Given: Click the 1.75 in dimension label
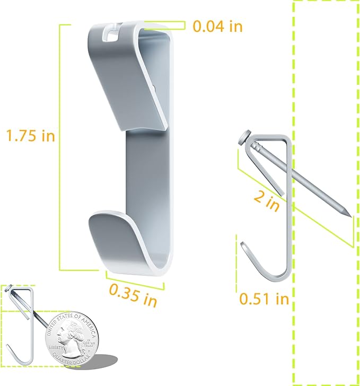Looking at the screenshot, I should point(30,136).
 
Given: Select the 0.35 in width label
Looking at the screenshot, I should point(133,295).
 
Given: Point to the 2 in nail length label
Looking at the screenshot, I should point(266,201).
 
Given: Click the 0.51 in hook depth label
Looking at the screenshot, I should point(264,299).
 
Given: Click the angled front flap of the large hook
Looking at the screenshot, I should point(127,85).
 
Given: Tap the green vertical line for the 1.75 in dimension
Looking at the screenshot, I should point(60,148).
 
